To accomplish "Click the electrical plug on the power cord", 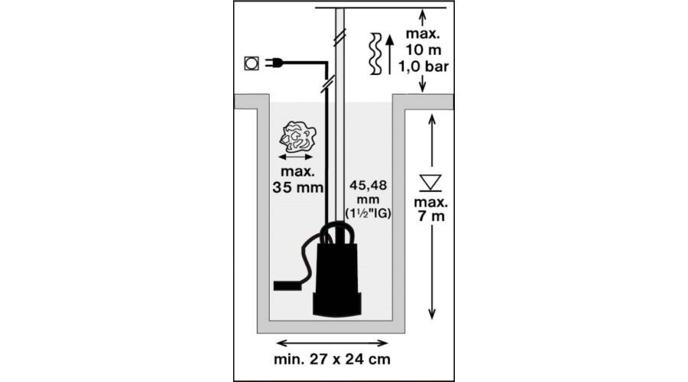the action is click(x=273, y=63).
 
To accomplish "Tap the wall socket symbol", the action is click(x=252, y=63).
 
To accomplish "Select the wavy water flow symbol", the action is click(x=375, y=53).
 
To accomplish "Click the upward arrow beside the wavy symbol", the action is click(x=389, y=54).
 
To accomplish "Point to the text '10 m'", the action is click(x=423, y=50).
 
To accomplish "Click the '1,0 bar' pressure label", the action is click(x=424, y=66).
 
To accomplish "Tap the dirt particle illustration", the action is click(x=298, y=137).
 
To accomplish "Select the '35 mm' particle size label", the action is click(x=298, y=187).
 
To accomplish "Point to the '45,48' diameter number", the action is click(x=368, y=186).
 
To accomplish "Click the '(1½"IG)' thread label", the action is click(x=368, y=214).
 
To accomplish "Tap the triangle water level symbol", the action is click(x=430, y=183).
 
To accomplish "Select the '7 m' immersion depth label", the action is click(x=431, y=216).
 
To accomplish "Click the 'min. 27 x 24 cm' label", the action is click(x=333, y=359).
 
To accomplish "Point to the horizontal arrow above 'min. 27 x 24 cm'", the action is click(x=333, y=343).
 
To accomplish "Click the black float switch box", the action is click(x=287, y=286).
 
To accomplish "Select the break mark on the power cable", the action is click(x=327, y=83).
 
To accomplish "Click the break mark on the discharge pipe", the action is click(x=339, y=37).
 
